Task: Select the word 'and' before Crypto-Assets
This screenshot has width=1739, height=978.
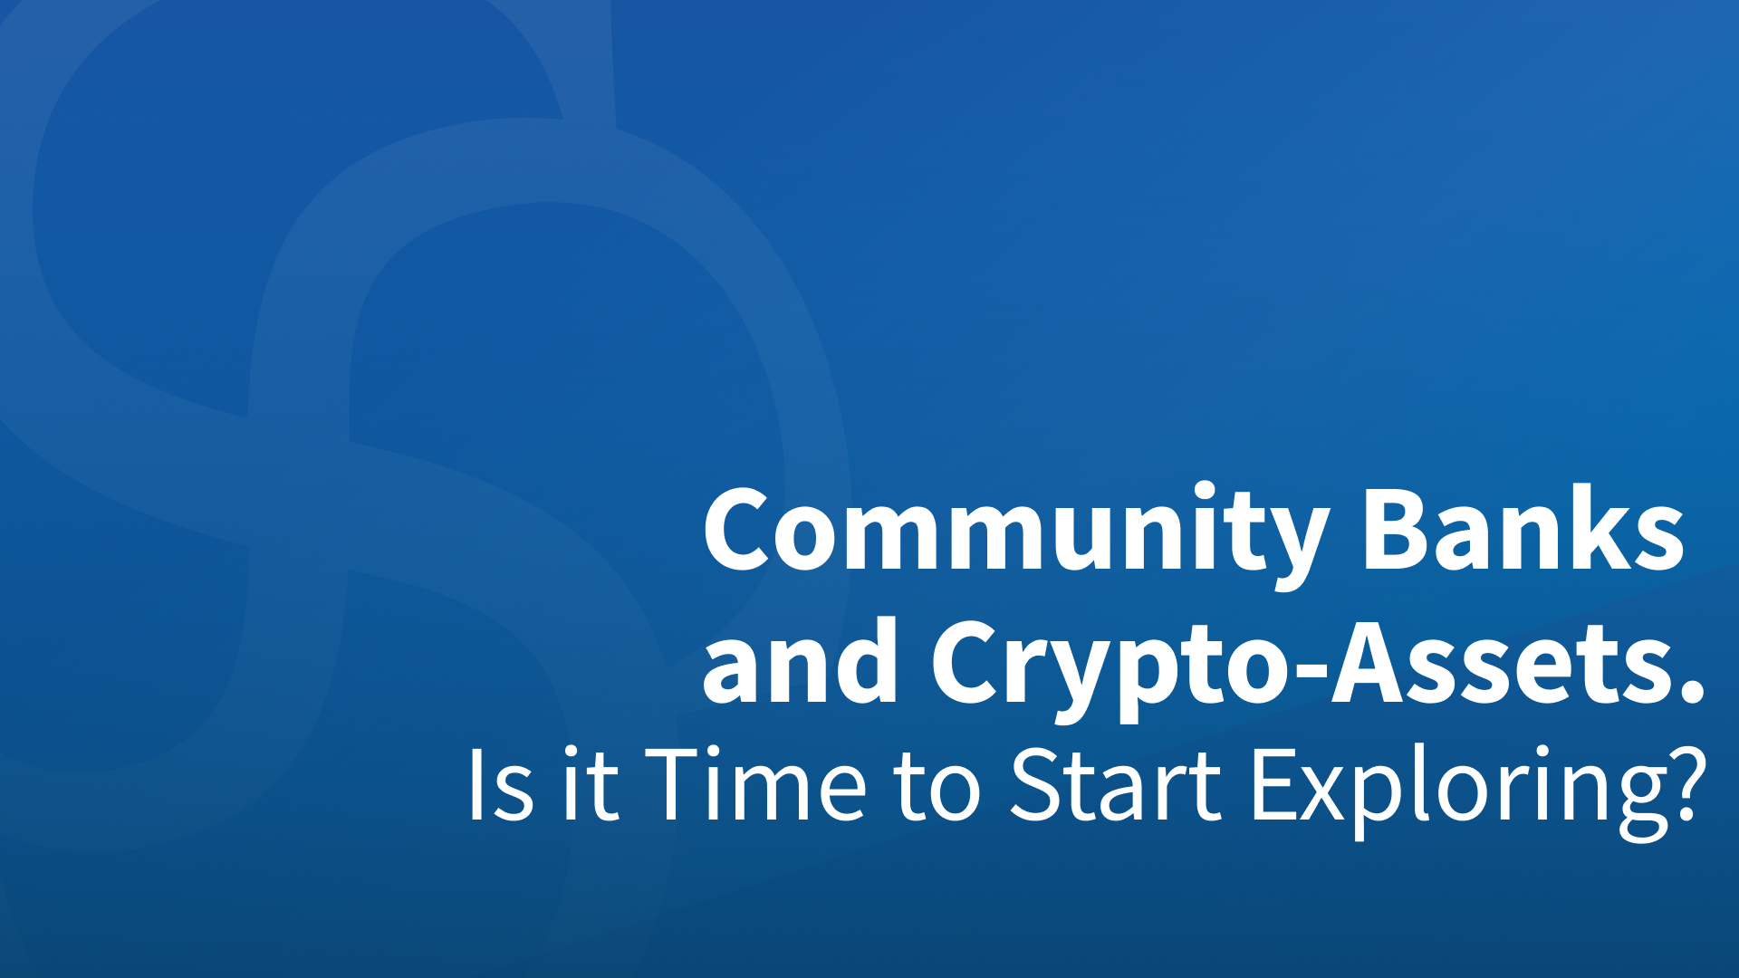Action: coord(800,660)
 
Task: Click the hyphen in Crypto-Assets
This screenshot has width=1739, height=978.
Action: coord(1311,669)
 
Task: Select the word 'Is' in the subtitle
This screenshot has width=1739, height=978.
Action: coord(501,784)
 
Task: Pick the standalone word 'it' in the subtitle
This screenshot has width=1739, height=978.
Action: coord(591,784)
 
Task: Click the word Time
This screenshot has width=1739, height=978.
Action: coord(755,784)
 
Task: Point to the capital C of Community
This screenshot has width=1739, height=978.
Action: coord(742,530)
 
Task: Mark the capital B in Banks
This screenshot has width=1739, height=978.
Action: coord(1398,530)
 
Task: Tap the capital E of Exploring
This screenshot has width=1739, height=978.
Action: coord(1277,784)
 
